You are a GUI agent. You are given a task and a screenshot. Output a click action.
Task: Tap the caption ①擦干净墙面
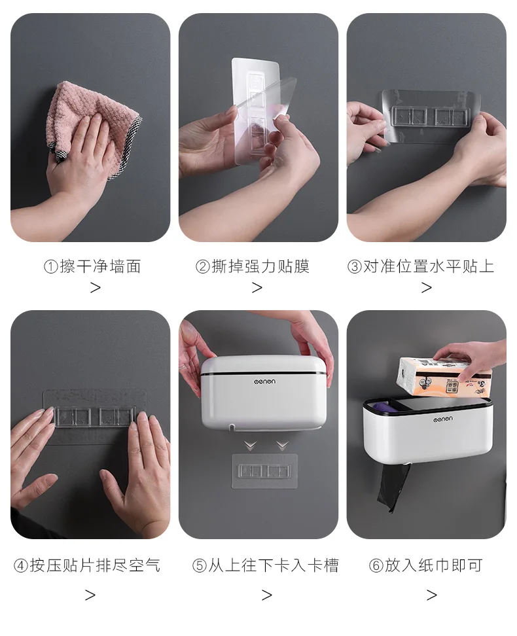point(92,266)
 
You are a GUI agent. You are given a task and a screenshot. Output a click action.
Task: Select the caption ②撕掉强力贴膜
point(253,266)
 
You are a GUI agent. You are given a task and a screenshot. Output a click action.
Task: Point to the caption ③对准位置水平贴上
point(421,266)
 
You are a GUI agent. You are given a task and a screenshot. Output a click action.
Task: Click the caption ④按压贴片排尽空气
point(87,565)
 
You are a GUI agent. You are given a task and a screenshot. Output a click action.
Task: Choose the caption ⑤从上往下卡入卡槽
point(266,565)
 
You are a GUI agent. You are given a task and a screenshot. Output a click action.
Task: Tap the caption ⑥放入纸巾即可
point(425,565)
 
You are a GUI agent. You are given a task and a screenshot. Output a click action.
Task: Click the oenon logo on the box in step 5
point(264,381)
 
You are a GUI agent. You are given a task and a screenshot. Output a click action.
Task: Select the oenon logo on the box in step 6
point(442,419)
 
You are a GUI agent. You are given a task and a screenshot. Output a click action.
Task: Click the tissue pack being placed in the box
point(444,376)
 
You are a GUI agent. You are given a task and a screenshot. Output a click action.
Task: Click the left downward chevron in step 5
point(251,446)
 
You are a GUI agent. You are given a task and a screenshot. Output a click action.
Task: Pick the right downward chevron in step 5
point(282,446)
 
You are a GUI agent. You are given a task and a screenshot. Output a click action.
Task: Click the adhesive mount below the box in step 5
point(264,471)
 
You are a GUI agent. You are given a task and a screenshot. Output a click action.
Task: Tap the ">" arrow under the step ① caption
point(96,288)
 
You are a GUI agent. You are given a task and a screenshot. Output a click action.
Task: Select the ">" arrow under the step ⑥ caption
point(432,595)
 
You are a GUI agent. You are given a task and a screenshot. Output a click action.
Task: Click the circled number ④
point(21,565)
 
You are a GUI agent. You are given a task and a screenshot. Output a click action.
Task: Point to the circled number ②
point(202,267)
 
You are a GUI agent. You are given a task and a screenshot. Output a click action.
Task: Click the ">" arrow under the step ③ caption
point(426,288)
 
